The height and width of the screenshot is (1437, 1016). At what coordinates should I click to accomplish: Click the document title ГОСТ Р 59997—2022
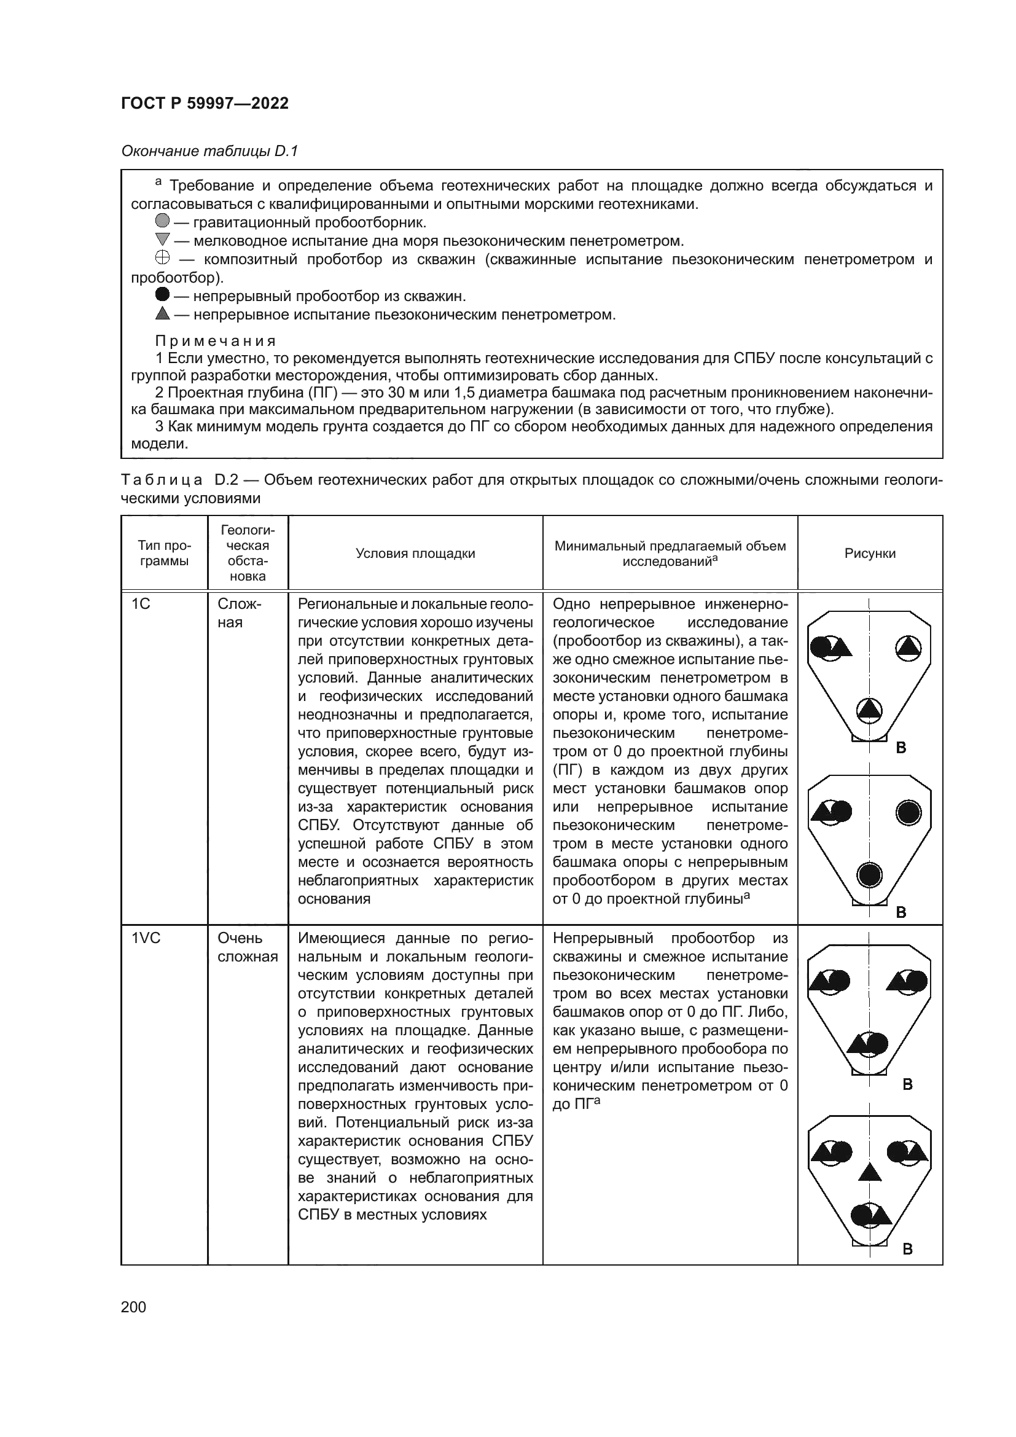pos(205,103)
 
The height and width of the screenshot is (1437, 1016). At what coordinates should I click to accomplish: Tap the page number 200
pos(133,1307)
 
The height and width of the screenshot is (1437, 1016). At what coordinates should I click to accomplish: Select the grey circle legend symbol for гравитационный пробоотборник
pos(162,221)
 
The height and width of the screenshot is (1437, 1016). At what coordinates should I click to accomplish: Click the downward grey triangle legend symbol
pos(162,239)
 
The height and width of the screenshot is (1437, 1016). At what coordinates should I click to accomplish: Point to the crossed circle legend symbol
pos(162,258)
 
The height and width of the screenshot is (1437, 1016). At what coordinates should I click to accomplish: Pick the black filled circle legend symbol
pos(162,295)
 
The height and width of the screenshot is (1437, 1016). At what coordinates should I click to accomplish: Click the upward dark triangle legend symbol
pos(162,313)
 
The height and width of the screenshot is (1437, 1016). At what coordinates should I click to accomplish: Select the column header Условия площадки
pos(415,554)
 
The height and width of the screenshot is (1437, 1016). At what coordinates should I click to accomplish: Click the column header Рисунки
pos(870,554)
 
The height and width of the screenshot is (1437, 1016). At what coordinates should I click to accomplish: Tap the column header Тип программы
pos(164,554)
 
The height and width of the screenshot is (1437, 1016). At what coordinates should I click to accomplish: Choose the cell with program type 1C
pos(141,604)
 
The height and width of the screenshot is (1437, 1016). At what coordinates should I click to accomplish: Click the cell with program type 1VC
pos(146,938)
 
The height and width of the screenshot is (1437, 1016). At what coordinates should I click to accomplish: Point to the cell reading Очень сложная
pos(247,947)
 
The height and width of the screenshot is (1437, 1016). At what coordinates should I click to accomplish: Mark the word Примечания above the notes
pos(215,341)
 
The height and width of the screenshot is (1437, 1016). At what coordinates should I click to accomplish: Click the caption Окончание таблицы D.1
pos(209,151)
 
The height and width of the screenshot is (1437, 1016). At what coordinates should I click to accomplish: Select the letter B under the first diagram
pos(901,748)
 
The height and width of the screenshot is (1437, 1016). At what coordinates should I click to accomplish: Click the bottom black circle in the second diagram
pos(869,874)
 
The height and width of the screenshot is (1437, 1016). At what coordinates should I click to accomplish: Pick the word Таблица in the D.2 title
pos(162,480)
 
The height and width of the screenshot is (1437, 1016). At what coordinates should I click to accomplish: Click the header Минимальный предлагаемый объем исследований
pos(670,554)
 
